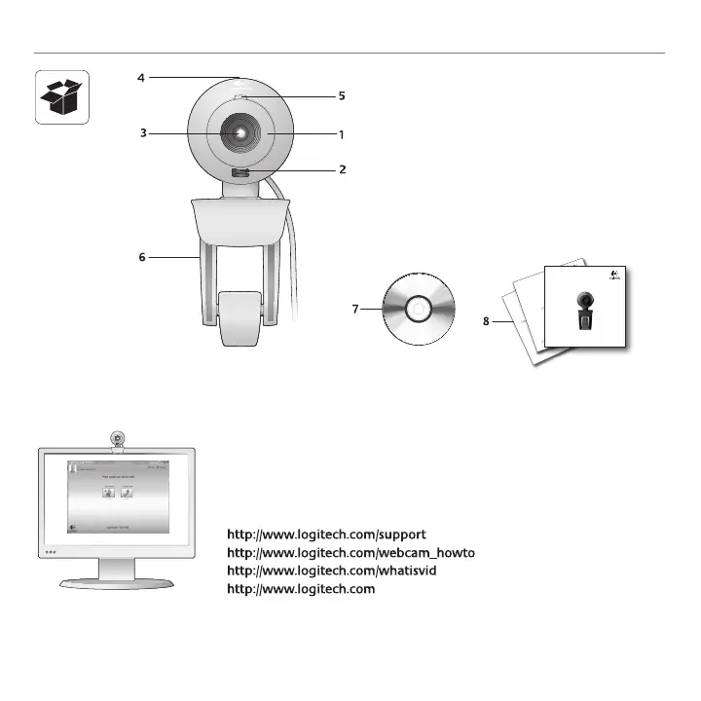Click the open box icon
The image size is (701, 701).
62,97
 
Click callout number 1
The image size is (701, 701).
342,133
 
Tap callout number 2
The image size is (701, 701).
342,169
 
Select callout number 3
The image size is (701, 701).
142,133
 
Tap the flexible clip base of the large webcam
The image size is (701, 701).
240,316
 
